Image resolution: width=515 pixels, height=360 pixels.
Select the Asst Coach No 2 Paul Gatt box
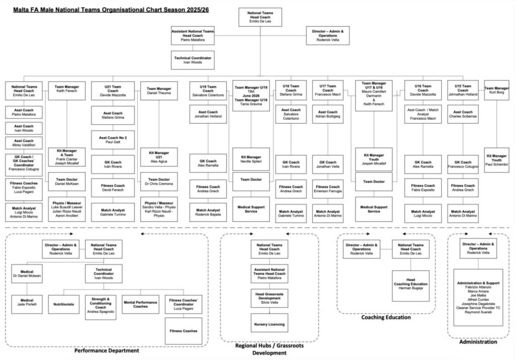coord(113,140)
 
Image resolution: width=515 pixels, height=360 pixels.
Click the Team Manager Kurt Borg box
coord(496,91)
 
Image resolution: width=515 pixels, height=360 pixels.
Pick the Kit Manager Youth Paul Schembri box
coord(496,160)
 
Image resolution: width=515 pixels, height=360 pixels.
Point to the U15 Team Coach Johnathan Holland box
coord(463,91)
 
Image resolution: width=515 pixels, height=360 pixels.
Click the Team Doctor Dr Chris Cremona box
coord(158,182)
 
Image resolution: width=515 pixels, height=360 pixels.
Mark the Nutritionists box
coord(64,304)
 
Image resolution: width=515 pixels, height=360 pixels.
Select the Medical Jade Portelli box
coord(27,304)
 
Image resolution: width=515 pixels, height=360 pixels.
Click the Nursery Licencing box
coord(269,324)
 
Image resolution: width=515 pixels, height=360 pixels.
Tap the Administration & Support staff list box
coord(477,297)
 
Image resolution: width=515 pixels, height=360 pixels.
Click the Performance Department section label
coord(107,350)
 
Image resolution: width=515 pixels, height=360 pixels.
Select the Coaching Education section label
coord(386,317)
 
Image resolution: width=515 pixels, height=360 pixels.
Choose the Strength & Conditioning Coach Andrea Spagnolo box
coord(101,305)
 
